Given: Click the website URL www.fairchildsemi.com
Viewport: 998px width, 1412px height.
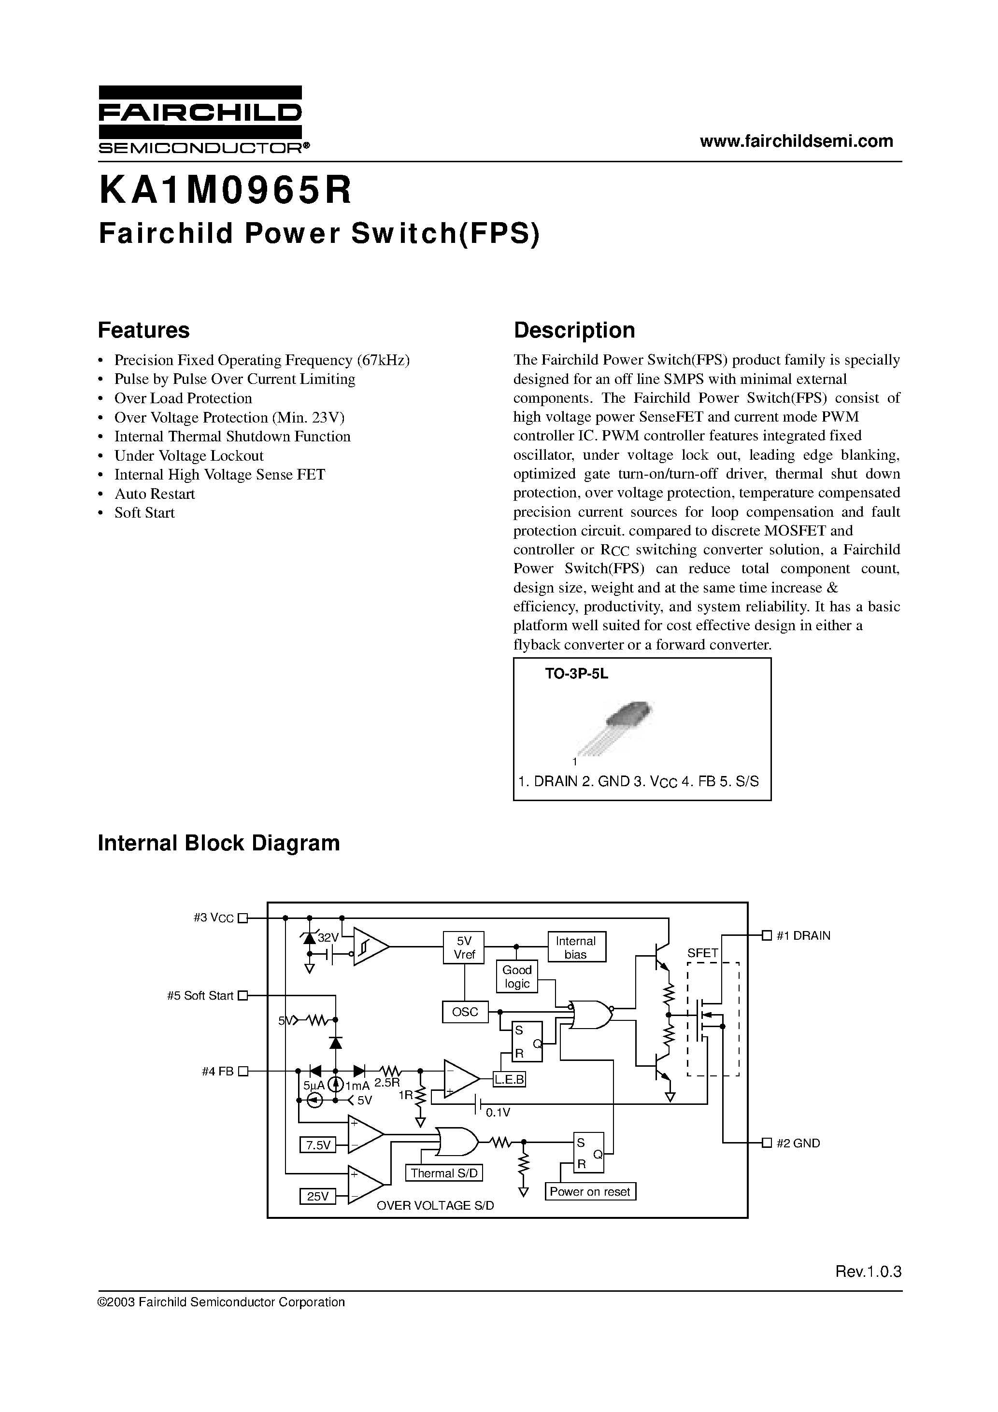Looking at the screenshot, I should coord(796,141).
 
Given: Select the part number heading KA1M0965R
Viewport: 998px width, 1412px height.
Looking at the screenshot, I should coord(225,191).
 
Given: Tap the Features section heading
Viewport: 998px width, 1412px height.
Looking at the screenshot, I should coord(143,330).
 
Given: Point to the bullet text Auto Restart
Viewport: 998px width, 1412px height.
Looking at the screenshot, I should coord(155,494).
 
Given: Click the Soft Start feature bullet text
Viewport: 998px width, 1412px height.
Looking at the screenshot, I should coord(144,513).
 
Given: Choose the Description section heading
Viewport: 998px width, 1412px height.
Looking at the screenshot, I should coord(574,330).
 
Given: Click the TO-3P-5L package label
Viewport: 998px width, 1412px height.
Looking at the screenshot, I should coord(576,674).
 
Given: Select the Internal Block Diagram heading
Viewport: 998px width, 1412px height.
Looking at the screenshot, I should coord(218,843).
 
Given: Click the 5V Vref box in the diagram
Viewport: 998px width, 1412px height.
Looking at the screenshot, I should coord(464,947).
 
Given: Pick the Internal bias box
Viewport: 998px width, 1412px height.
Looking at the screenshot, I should coord(576,947).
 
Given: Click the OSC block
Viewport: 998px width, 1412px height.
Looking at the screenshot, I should coord(465,1012).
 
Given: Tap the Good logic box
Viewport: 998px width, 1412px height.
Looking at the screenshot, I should coord(517,976).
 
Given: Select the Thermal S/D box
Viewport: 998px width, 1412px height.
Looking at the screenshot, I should coord(443,1173).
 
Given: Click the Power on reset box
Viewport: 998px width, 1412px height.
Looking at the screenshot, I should coord(590,1191).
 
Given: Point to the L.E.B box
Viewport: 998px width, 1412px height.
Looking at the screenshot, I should coord(509,1079).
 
